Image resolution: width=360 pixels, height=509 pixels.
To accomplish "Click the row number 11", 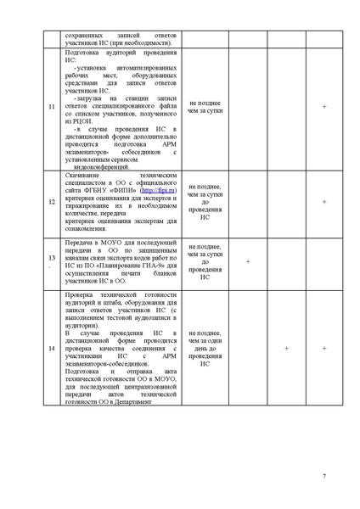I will tap(51, 108).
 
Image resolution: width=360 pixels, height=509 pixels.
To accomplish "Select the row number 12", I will tap(51, 202).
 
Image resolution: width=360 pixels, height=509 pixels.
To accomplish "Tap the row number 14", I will tap(51, 349).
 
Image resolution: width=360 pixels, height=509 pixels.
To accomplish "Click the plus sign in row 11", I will tap(324, 108).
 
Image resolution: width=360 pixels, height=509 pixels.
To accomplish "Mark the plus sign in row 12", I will tap(324, 202).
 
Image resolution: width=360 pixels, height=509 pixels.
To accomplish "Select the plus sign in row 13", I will tap(247, 261).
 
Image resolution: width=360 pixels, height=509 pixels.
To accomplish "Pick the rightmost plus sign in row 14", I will tap(324, 349).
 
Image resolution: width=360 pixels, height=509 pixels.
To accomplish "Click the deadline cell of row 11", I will tap(205, 108).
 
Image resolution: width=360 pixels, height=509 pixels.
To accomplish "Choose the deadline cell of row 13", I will tap(205, 261).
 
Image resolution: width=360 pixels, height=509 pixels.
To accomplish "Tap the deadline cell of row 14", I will tap(205, 349).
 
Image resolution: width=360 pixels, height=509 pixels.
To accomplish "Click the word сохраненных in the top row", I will tap(84, 35).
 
